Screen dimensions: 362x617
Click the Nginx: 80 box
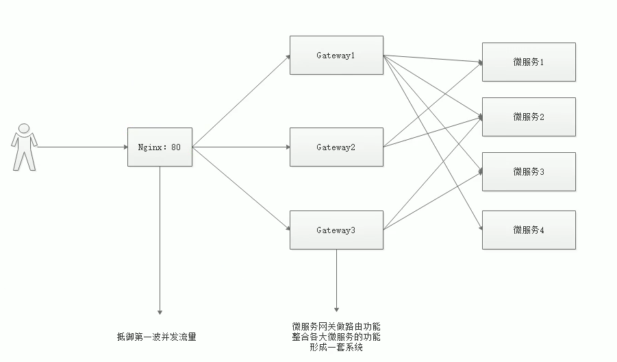pyautogui.click(x=160, y=147)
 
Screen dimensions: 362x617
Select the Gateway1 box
pyautogui.click(x=336, y=55)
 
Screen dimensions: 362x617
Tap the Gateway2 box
pyautogui.click(x=336, y=147)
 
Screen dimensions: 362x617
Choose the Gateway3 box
pyautogui.click(x=336, y=230)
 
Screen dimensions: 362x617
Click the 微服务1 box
pyautogui.click(x=529, y=62)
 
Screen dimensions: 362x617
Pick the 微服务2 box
pyautogui.click(x=529, y=117)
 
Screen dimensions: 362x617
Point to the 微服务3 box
pyautogui.click(x=529, y=171)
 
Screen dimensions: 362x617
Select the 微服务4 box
pyautogui.click(x=529, y=230)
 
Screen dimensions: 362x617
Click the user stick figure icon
pyautogui.click(x=24, y=147)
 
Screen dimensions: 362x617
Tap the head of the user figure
pyautogui.click(x=24, y=128)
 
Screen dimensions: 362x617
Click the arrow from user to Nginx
pyautogui.click(x=82, y=147)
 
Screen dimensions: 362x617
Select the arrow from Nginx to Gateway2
pyautogui.click(x=240, y=147)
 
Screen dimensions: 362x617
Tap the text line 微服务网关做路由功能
pyautogui.click(x=336, y=326)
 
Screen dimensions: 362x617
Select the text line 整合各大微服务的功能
pyautogui.click(x=336, y=337)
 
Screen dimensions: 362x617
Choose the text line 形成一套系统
pyautogui.click(x=336, y=348)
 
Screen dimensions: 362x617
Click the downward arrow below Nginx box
pyautogui.click(x=160, y=240)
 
